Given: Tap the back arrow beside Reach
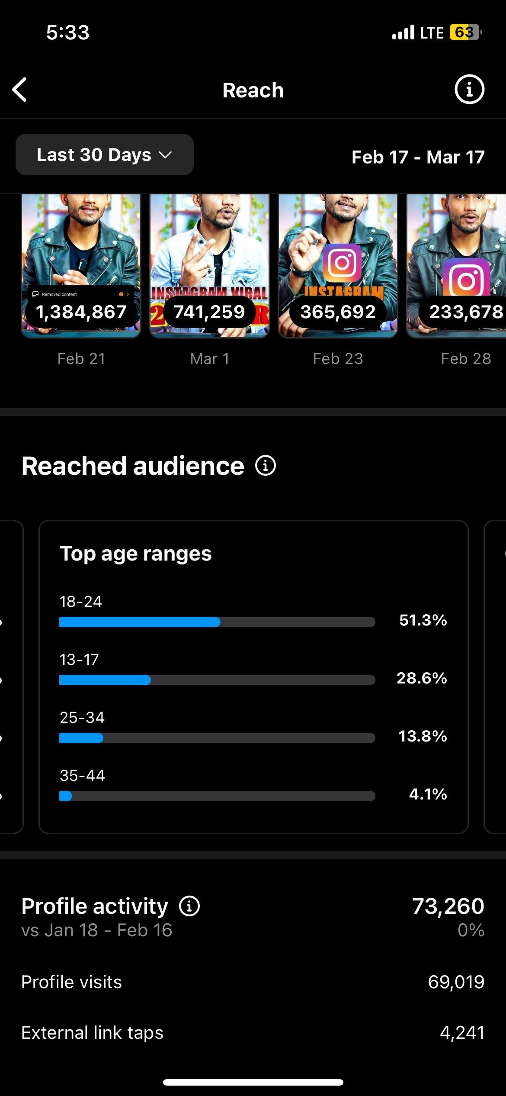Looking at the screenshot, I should [20, 90].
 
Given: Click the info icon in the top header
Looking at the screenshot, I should [469, 90].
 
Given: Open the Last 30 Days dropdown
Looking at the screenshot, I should [104, 155].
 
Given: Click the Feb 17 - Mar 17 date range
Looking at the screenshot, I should [418, 157].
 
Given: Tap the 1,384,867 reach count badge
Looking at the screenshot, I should [81, 312].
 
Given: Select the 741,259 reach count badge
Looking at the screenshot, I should [209, 312].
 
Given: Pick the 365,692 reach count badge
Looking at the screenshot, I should [338, 312].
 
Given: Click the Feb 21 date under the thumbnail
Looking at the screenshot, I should [81, 359].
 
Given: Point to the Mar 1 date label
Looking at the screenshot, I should [210, 359].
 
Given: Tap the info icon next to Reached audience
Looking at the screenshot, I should [266, 466].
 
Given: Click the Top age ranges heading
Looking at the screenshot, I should [136, 554].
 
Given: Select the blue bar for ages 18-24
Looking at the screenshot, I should [140, 622].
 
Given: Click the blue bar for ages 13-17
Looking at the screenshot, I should [105, 680].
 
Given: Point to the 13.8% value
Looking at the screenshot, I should [423, 736].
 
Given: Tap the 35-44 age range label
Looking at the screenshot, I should [82, 775].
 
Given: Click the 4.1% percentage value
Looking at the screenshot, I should [428, 794].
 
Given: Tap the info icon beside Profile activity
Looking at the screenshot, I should [189, 906].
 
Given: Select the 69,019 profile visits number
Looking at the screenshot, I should [456, 982].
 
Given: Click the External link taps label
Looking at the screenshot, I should [93, 1033].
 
